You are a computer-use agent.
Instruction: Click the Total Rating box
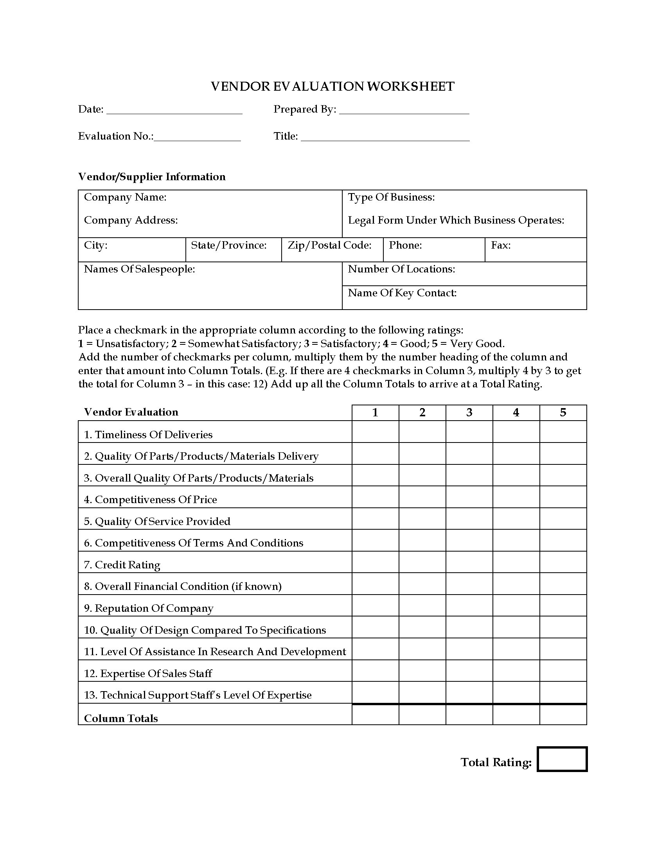[562, 759]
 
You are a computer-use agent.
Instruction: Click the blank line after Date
[174, 110]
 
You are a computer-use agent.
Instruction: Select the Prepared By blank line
[404, 110]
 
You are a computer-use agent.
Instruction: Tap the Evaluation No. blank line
[197, 137]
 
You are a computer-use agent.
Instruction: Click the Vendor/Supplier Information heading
[152, 177]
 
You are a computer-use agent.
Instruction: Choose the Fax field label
[501, 245]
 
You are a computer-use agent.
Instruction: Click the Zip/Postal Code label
[329, 245]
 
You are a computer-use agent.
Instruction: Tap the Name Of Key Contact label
[402, 293]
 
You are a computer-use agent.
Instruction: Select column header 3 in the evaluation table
[469, 412]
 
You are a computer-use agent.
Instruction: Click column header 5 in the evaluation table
[563, 412]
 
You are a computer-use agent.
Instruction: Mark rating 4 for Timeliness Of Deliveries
[516, 432]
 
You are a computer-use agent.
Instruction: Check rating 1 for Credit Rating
[375, 562]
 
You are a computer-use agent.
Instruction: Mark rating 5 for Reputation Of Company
[563, 605]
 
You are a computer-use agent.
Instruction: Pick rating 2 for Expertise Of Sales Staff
[422, 670]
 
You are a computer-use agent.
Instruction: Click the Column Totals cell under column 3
[469, 714]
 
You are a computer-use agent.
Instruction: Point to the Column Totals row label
[121, 718]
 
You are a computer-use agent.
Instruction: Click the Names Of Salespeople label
[140, 269]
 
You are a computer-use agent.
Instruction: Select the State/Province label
[228, 245]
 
